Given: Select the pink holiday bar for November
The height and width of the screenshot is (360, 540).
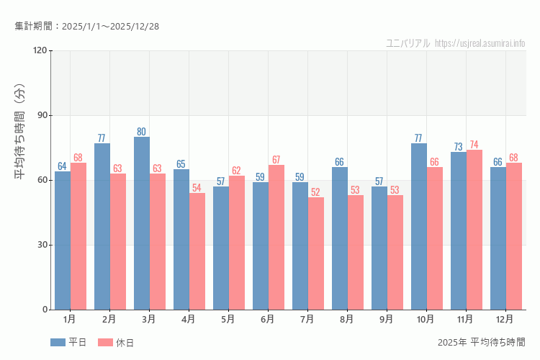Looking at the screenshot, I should [x=474, y=230].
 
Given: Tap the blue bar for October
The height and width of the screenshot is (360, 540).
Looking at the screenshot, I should [x=419, y=226].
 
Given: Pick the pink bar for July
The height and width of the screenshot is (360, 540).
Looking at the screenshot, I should [x=316, y=253].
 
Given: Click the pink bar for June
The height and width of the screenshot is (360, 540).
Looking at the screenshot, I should [x=276, y=237].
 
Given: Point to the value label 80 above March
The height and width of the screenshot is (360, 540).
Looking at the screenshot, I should [x=142, y=132].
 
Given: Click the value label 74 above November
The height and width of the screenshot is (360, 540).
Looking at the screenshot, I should [x=474, y=145].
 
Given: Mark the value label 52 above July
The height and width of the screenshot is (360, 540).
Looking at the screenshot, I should [x=316, y=192].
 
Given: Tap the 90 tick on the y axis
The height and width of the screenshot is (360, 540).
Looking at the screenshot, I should [x=41, y=115].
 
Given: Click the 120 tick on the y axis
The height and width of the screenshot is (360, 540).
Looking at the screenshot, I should [x=39, y=50].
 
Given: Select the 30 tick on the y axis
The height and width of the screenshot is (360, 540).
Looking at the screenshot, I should [x=41, y=245].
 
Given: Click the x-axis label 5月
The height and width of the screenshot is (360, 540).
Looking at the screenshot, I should [x=228, y=319].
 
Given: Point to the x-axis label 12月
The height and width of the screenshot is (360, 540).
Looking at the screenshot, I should [x=505, y=319].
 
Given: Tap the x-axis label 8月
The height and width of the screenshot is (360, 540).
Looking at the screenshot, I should [x=347, y=319].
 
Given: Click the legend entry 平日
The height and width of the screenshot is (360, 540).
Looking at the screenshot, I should [x=69, y=343].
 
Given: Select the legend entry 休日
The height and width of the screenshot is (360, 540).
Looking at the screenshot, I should [x=117, y=343].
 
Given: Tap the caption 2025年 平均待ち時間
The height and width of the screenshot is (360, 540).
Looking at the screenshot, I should [x=481, y=342].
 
